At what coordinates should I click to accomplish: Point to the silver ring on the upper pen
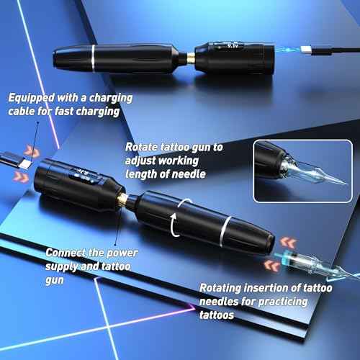[94, 55]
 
